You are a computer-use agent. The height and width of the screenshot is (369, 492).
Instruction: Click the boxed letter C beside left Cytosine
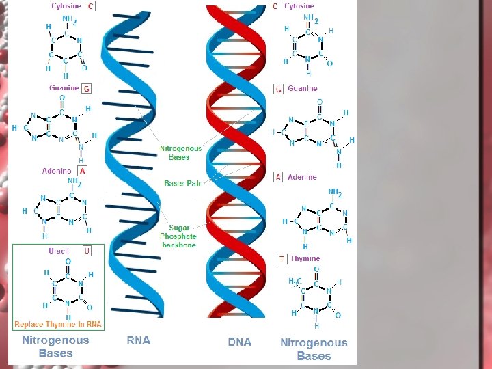pos(91,6)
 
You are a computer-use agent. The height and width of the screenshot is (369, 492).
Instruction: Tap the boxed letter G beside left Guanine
pos(87,88)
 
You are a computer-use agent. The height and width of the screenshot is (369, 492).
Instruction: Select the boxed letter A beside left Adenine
pos(82,171)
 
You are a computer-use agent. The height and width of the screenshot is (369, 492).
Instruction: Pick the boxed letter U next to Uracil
pos(87,251)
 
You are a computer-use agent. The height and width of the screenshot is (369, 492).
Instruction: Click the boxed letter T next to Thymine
pos(282,259)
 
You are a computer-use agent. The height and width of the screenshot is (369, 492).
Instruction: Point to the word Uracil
pos(59,251)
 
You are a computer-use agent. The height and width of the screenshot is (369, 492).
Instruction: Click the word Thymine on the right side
pos(305,259)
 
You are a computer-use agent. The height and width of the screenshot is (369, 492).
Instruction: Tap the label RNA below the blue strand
pos(139,340)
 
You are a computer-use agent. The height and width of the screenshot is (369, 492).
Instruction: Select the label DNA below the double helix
pos(239,342)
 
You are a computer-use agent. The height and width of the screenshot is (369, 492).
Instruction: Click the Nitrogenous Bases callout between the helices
pos(181,152)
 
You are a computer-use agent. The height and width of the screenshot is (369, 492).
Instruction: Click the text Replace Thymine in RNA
pos(58,324)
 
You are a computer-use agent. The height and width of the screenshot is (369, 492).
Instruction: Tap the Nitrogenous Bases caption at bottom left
pos(55,346)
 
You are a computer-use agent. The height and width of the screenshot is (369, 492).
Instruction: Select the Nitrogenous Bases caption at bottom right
pos(314,349)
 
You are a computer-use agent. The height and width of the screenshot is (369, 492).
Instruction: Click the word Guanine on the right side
pos(303,89)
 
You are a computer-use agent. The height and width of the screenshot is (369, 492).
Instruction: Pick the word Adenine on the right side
pos(302,177)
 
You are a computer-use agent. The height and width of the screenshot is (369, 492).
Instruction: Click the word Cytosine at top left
pos(66,6)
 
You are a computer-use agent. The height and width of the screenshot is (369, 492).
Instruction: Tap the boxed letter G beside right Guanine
pos(278,90)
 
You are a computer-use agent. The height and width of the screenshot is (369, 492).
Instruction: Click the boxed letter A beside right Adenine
pos(278,177)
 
